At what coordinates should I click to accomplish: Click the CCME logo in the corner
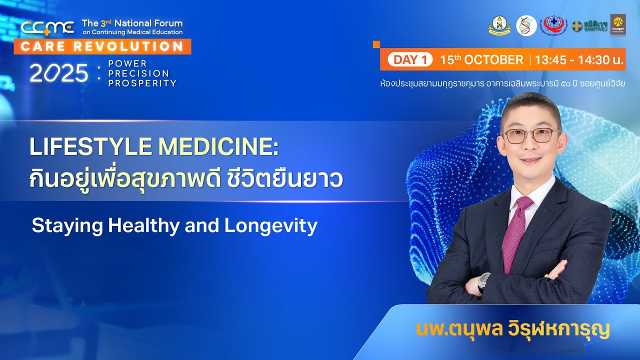click(47, 28)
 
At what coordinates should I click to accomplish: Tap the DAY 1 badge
click(409, 60)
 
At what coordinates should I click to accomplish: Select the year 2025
click(59, 74)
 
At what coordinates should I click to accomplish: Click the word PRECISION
click(138, 73)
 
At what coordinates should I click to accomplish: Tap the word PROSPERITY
click(142, 83)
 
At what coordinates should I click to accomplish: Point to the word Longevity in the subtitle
click(270, 226)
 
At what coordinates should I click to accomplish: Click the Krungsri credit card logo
click(618, 25)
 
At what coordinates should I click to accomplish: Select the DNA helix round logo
click(526, 25)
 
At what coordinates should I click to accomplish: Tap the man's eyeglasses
click(531, 135)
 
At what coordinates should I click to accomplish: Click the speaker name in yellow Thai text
click(513, 330)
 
